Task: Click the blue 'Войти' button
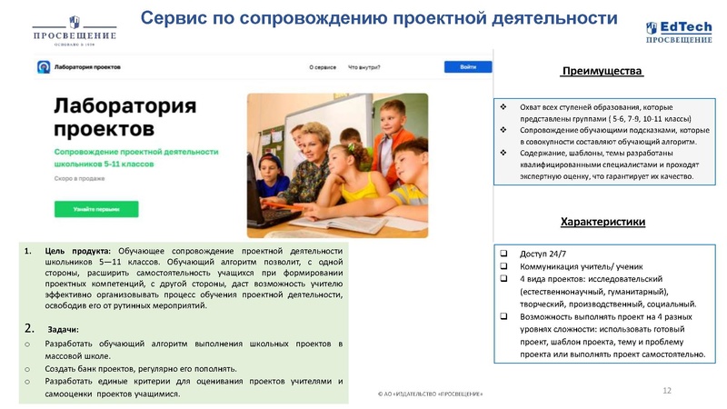tap(467, 67)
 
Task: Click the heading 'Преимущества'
tap(603, 72)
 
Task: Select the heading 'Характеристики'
tap(603, 222)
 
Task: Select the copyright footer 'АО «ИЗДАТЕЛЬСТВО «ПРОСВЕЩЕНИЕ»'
tap(430, 393)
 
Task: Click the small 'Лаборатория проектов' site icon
tap(43, 67)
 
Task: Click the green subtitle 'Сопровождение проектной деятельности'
tap(136, 151)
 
